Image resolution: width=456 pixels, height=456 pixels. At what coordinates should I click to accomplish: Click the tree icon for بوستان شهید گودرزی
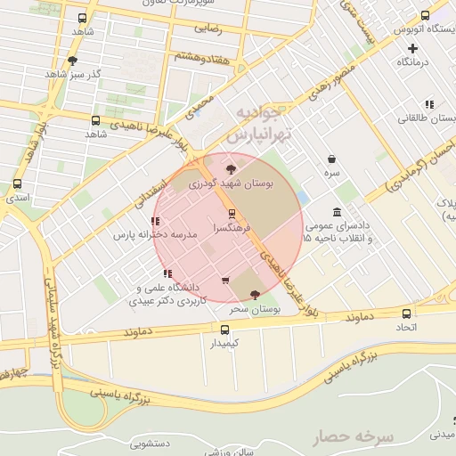click(232, 167)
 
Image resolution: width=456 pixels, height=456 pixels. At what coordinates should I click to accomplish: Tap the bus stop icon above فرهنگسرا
click(232, 214)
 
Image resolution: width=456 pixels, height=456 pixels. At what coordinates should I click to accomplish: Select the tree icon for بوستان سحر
click(256, 294)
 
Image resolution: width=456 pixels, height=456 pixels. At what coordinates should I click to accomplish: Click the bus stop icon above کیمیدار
click(224, 329)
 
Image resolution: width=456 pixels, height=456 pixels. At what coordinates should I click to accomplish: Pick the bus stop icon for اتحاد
click(406, 313)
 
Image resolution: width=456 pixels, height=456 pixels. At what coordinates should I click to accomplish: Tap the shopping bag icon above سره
click(331, 159)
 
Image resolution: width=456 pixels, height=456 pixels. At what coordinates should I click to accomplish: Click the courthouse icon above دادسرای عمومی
click(337, 212)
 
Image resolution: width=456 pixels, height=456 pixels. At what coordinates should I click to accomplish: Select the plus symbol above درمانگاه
click(412, 48)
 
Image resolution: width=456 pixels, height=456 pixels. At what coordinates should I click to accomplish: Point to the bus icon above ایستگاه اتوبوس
click(425, 15)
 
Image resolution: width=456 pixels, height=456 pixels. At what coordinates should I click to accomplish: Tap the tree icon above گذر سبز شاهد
click(72, 61)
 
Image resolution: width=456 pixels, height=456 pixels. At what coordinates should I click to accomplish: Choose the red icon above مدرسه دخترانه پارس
click(156, 221)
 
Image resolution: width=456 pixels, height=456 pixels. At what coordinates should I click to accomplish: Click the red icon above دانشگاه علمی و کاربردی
click(167, 273)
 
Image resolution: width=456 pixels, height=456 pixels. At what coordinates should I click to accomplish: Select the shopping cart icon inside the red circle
click(224, 281)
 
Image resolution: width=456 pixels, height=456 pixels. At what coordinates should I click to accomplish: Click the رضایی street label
click(207, 28)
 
